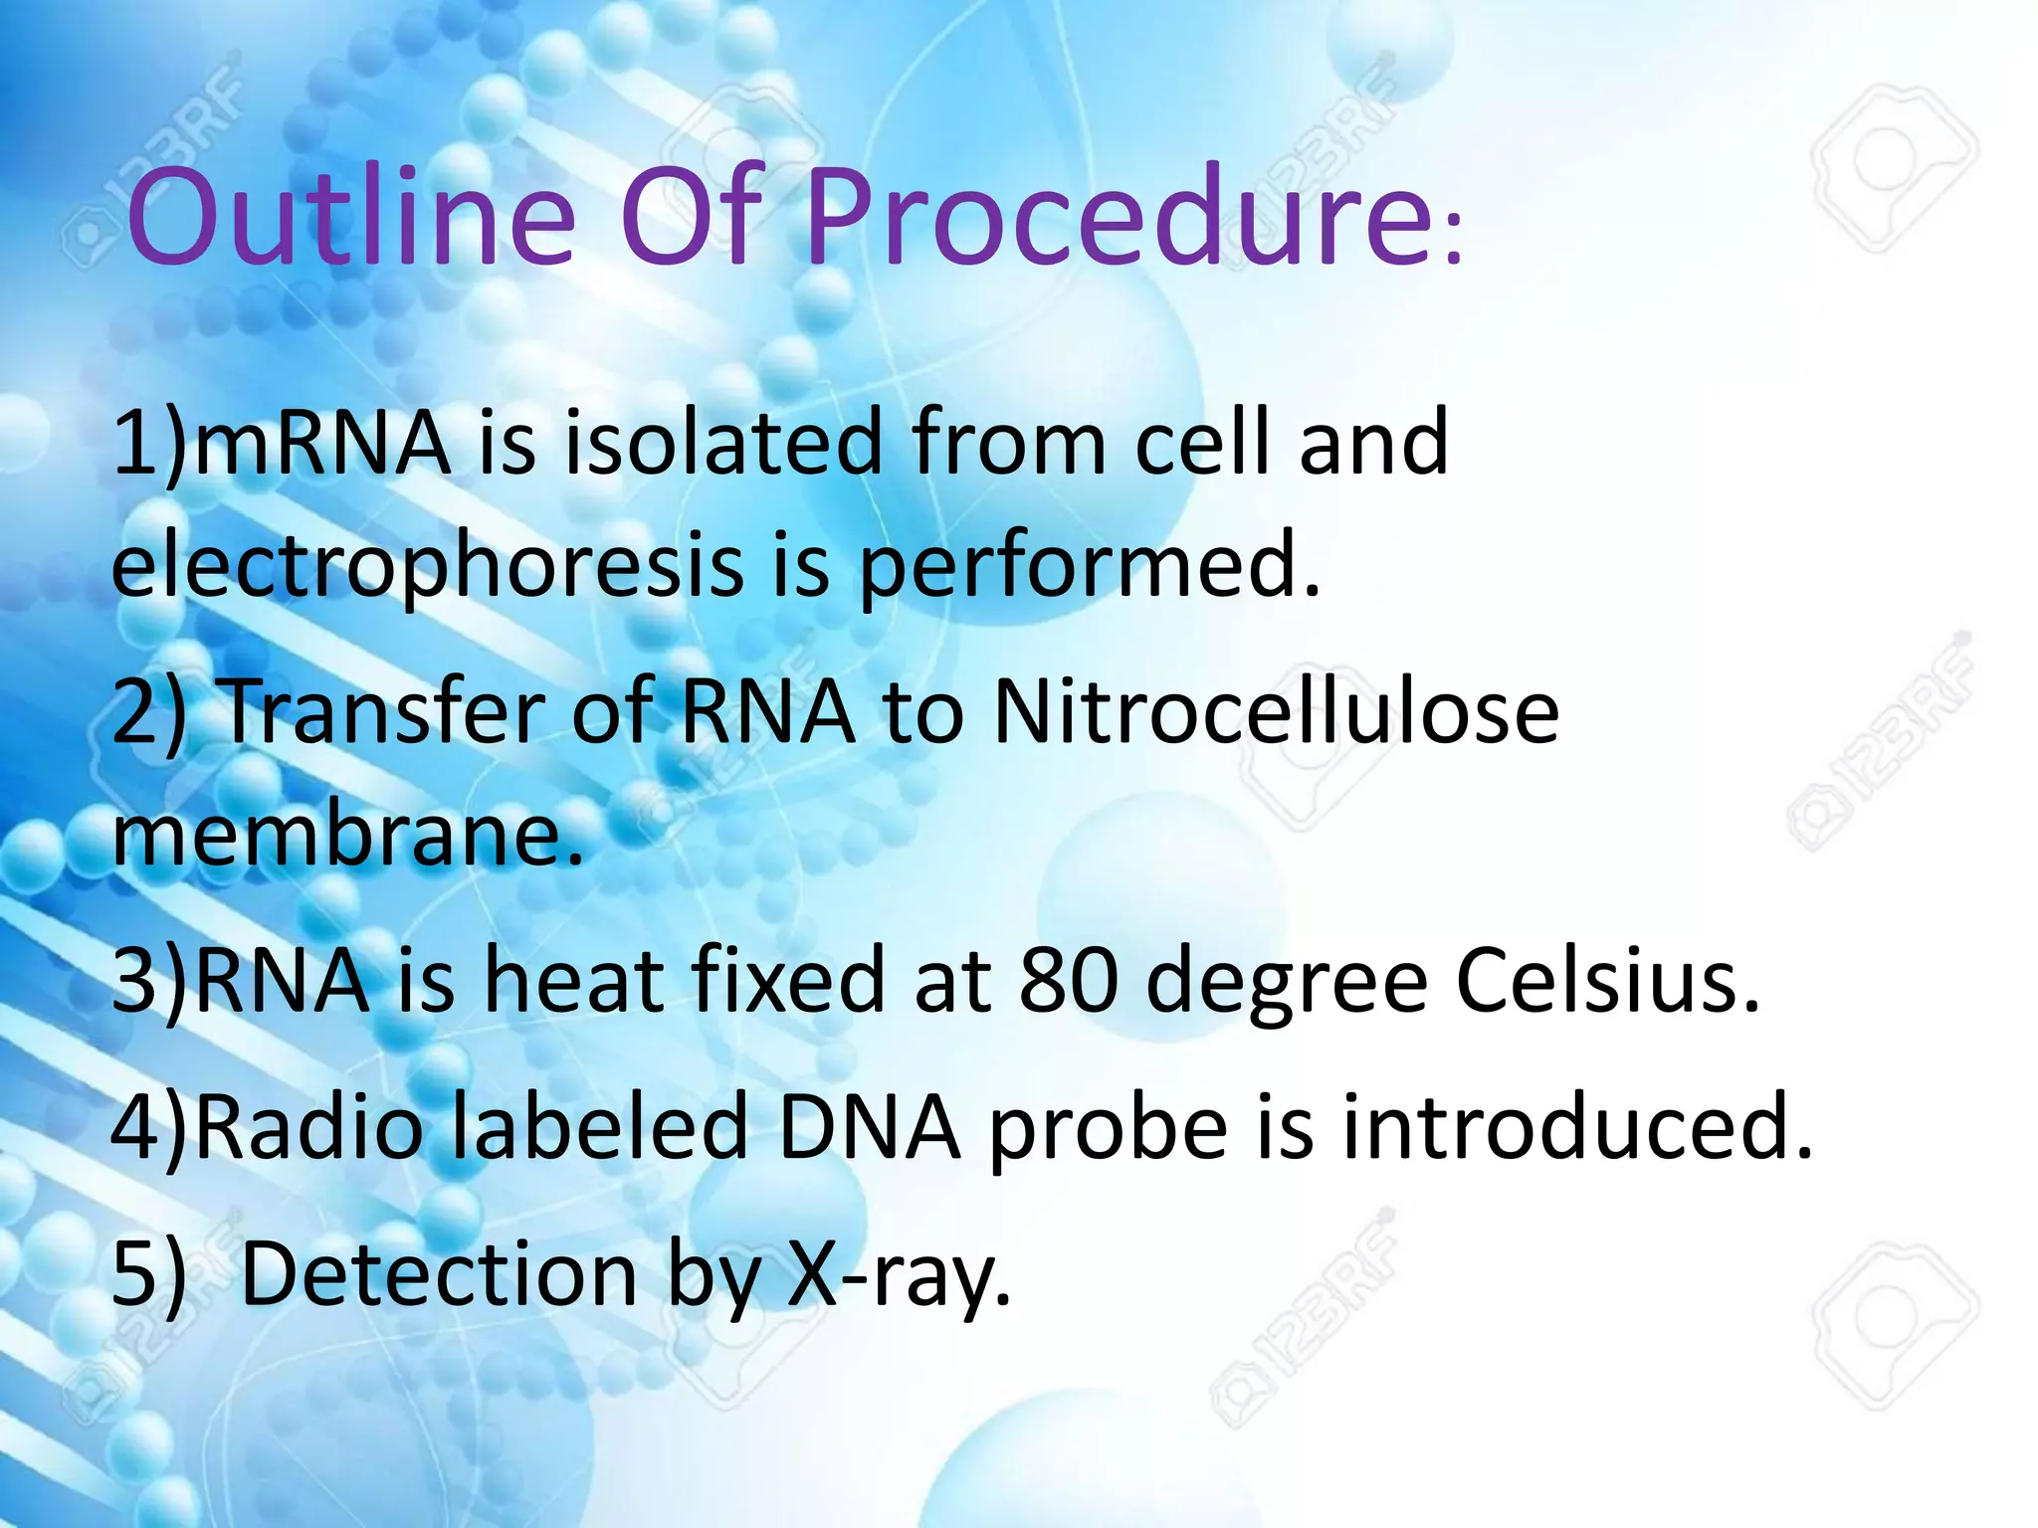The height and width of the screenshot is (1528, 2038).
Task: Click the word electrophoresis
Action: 428,565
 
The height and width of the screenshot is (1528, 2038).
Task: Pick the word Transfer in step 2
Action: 384,711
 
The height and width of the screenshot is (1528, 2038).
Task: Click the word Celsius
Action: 1606,981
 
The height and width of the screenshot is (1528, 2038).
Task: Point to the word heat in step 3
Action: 573,981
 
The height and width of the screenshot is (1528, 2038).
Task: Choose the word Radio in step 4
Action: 308,1127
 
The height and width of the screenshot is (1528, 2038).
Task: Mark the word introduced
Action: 1577,1127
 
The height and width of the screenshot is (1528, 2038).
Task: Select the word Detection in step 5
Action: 439,1274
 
